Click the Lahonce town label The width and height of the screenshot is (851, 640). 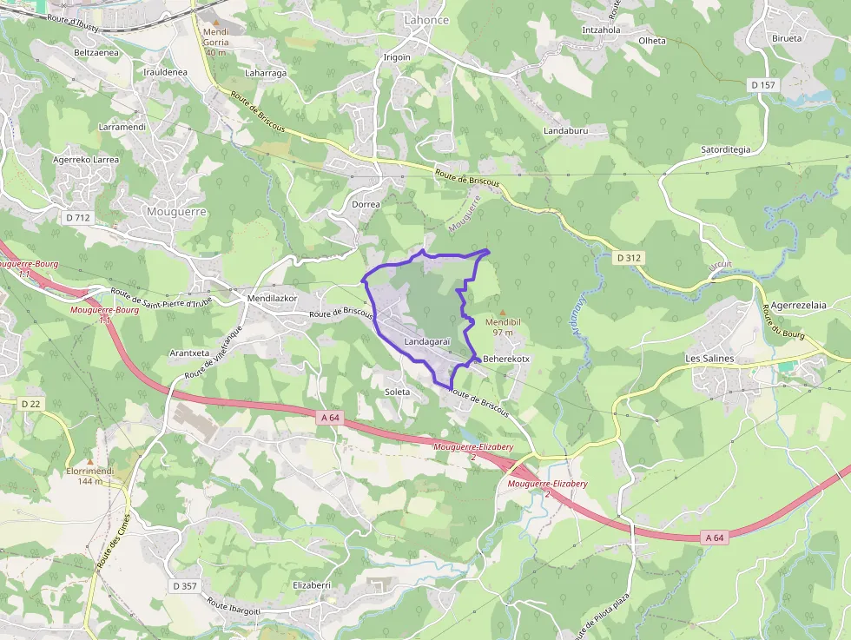click(x=426, y=19)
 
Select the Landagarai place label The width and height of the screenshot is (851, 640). click(x=426, y=342)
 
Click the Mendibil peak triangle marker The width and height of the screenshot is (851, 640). click(x=503, y=312)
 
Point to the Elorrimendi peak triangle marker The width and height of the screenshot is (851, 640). click(x=89, y=461)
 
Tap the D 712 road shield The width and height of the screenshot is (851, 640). click(x=77, y=217)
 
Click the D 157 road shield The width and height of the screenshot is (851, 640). click(x=762, y=84)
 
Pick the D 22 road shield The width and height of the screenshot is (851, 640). click(x=30, y=404)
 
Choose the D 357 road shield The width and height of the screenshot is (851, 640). click(x=185, y=586)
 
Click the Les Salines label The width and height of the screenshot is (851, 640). click(x=709, y=358)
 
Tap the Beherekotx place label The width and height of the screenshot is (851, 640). click(x=506, y=358)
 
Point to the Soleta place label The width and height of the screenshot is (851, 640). click(x=397, y=392)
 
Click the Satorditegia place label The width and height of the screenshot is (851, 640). click(x=725, y=149)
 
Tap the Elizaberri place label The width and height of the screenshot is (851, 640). click(x=312, y=585)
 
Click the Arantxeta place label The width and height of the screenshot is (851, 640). click(x=189, y=353)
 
